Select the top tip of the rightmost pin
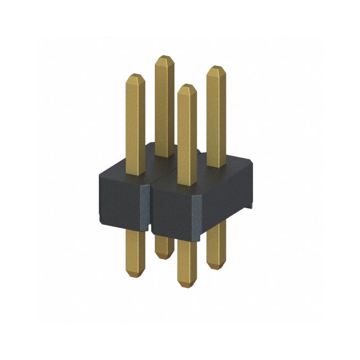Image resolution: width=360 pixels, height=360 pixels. coord(216,67)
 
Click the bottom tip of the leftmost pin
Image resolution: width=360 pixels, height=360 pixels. coord(135,275)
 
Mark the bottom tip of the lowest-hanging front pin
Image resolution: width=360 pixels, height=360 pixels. coord(187,286)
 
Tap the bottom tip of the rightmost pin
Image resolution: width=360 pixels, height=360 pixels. coord(216,267)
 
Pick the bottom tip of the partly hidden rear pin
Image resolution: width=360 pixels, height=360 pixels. coord(164,257)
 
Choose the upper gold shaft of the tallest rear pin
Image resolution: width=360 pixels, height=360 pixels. coord(165,103)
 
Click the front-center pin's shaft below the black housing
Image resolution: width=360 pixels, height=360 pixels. coord(187,261)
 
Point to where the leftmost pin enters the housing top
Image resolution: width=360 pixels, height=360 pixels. coord(135,173)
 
